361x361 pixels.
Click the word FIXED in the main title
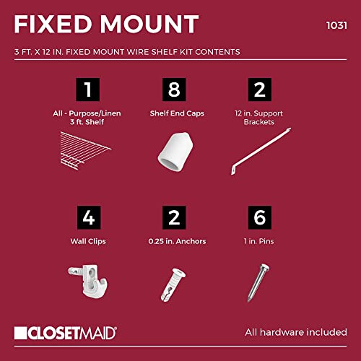pos(53,24)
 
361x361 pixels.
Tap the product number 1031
pos(336,25)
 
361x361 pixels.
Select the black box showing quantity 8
pos(174,90)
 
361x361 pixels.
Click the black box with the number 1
pos(88,90)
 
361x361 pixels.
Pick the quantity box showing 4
pos(89,217)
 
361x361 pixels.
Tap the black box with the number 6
pos(260,217)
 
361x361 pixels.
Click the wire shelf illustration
pos(85,150)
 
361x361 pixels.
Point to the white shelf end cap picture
pos(175,152)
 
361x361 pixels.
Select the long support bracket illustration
pos(261,151)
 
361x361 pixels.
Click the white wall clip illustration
pos(89,280)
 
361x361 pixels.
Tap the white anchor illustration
pos(173,284)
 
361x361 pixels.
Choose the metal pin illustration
pos(258,282)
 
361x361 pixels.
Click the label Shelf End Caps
pos(177,113)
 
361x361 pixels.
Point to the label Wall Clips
pos(88,241)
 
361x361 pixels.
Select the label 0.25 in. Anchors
pos(177,241)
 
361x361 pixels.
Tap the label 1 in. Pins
pos(259,241)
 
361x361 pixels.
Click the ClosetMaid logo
pos(66,333)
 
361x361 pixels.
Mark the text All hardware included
pos(296,332)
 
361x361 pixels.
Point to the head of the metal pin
pos(264,267)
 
